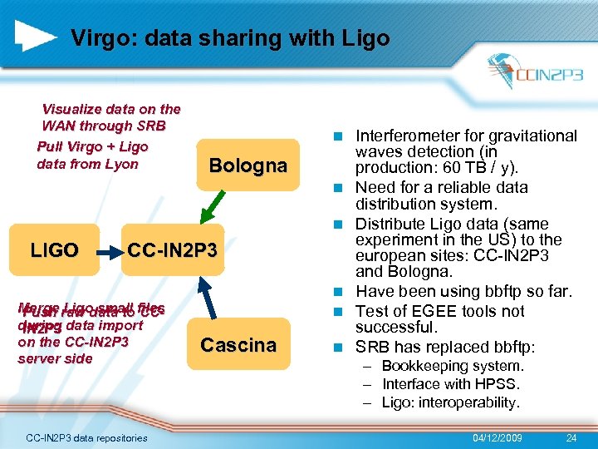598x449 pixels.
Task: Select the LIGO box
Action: coord(55,250)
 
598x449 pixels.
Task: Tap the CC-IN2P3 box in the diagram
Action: coord(172,250)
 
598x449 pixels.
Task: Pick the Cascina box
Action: coord(238,345)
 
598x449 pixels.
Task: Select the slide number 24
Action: coord(571,437)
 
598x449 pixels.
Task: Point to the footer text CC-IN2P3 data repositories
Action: coord(86,438)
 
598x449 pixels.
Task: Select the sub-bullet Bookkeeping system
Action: coord(453,366)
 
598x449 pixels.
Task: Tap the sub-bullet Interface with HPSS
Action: coord(449,384)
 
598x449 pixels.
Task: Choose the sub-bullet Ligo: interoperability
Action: coord(451,402)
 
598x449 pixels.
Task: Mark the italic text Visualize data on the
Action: coord(111,109)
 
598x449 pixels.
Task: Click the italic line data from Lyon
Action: coord(87,164)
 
